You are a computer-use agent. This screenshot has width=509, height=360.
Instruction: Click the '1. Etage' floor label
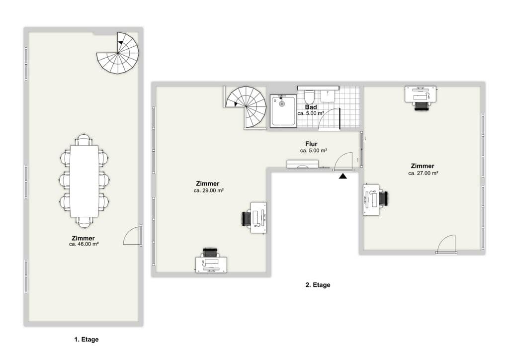[86, 340]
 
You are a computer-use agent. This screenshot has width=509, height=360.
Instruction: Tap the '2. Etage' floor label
[318, 285]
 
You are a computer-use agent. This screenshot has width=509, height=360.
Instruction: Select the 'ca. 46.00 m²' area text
[84, 244]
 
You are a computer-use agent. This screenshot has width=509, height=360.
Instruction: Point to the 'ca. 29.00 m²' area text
[208, 190]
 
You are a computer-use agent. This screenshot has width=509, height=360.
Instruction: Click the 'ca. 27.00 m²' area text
[423, 174]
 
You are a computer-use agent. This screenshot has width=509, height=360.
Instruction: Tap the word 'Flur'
[311, 144]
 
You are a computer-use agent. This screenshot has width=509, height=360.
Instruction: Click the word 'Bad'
[311, 107]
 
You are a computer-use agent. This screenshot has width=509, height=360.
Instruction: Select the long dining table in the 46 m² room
[85, 181]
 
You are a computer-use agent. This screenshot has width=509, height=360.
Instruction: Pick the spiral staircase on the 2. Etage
[247, 107]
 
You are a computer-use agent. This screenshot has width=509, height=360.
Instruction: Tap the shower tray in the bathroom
[284, 111]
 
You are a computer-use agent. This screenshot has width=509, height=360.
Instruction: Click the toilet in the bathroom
[309, 95]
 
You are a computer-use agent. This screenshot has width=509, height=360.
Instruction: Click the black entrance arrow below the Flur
[343, 176]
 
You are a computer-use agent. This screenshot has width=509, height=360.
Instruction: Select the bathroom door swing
[329, 118]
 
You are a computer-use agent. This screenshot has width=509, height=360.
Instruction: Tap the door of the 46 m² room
[132, 235]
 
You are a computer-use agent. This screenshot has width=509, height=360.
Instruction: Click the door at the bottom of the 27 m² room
[446, 244]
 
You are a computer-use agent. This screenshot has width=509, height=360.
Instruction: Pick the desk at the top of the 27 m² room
[421, 94]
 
